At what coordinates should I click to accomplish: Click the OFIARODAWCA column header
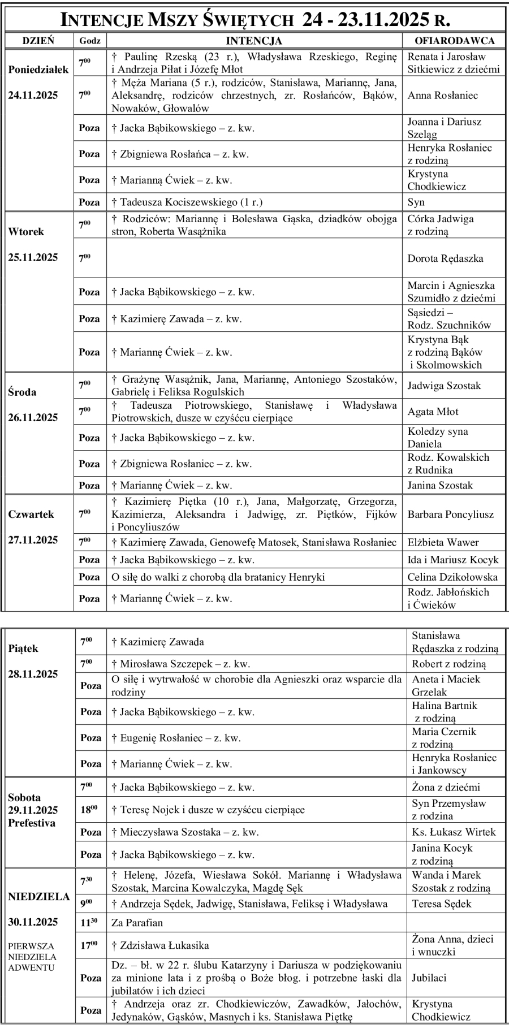pos(454,41)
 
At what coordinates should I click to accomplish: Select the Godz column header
pos(90,41)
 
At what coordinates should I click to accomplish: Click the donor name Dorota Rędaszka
pos(445,258)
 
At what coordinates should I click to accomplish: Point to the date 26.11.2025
pos(33,418)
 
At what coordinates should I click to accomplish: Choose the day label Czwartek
pos(31,515)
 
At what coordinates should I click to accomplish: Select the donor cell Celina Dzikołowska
pos(452,577)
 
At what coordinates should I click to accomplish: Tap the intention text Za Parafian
pos(137,923)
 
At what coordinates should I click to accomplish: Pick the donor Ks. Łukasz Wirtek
pos(454,832)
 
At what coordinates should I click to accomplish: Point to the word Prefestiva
pos(32,823)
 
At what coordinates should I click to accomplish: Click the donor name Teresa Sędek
pos(442,904)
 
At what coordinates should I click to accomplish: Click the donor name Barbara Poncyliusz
pos(450,515)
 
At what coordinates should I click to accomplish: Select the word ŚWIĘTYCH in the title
pos(249,20)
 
